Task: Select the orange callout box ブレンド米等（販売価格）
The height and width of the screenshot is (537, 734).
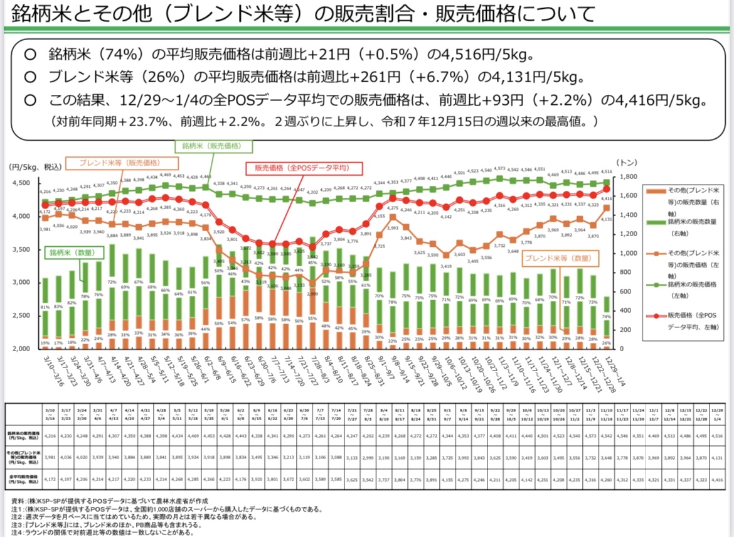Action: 119,161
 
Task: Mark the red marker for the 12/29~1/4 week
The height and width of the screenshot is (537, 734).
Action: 606,189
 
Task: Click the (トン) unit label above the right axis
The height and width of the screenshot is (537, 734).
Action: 627,161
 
